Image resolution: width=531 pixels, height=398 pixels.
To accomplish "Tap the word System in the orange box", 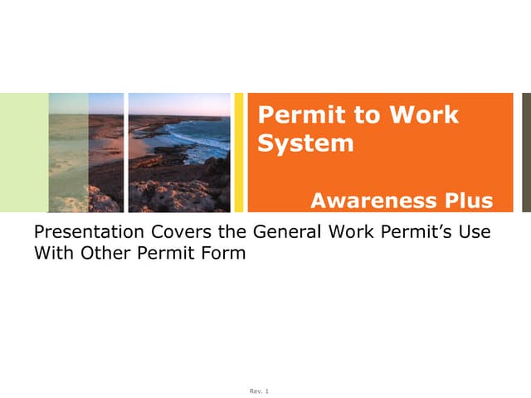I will click(305, 143).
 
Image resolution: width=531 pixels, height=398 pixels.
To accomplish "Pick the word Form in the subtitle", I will click(224, 254).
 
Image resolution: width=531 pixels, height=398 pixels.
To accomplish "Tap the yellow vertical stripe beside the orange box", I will click(239, 153).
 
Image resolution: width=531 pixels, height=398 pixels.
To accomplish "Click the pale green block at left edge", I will click(23, 153).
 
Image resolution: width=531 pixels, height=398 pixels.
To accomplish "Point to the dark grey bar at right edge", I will click(526, 153).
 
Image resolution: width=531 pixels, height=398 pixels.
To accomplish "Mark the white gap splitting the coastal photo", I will click(126, 153).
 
